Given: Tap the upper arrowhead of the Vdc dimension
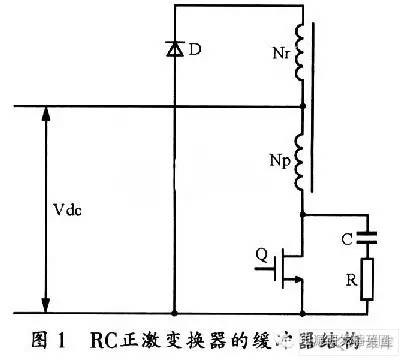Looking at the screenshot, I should point(44,113).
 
